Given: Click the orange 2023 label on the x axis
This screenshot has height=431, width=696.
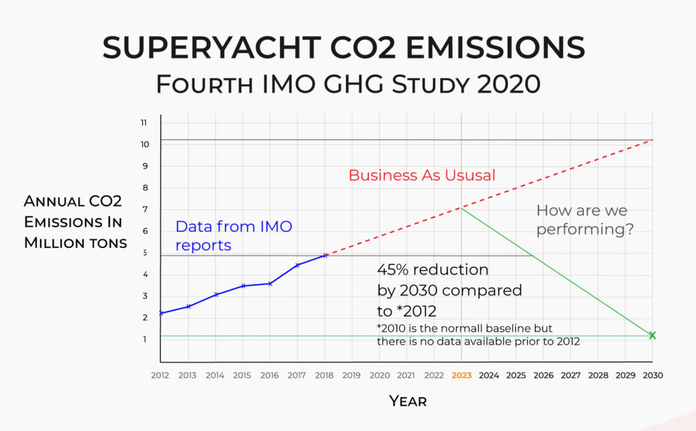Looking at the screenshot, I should [x=461, y=375].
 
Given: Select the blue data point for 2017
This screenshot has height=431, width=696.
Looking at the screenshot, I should [x=298, y=265].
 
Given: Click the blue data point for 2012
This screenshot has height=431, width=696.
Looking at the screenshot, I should [x=161, y=313].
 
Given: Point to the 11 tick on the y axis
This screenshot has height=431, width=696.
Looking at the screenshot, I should [x=143, y=123].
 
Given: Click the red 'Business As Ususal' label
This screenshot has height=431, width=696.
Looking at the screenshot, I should [x=421, y=175].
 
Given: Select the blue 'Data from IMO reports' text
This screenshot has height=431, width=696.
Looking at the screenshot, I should [x=233, y=236].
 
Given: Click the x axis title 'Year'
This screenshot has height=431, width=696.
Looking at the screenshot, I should [x=408, y=401].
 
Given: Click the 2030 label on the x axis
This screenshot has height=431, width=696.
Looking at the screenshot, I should [x=652, y=375].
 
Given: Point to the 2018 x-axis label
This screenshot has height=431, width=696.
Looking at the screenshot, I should [x=324, y=375].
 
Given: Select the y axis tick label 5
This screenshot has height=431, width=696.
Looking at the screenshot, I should [x=143, y=253].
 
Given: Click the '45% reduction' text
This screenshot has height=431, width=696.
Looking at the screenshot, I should [x=432, y=269].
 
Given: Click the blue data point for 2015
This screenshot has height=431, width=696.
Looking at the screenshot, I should [x=243, y=286].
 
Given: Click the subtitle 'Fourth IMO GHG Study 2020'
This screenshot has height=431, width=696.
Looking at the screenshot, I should [x=348, y=84].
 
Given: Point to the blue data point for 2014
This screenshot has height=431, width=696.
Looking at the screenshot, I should [x=215, y=294].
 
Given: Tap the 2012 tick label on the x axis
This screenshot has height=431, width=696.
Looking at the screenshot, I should [x=160, y=375].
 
